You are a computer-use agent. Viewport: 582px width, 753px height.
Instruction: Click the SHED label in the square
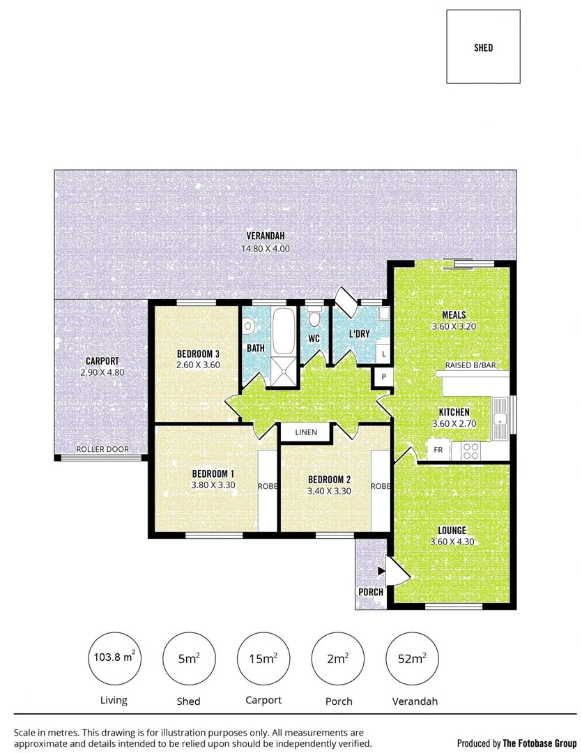[x=483, y=47]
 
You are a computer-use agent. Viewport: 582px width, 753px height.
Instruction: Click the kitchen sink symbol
[x=500, y=418]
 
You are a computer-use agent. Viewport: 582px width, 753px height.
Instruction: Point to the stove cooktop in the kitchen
[x=470, y=450]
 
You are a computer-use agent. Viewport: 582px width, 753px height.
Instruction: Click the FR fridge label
[x=438, y=450]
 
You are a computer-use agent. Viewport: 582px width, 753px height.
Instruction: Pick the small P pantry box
[x=383, y=377]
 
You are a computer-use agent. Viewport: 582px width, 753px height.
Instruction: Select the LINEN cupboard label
[x=306, y=432]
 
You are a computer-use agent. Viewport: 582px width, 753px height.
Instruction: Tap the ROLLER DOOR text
[x=102, y=450]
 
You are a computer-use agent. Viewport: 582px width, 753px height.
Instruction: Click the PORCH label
[x=371, y=593]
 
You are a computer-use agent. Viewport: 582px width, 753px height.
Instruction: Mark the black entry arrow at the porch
[x=381, y=571]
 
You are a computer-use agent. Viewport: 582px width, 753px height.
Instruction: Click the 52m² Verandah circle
[x=411, y=657]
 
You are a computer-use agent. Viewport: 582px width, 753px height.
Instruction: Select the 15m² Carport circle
[x=263, y=657]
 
